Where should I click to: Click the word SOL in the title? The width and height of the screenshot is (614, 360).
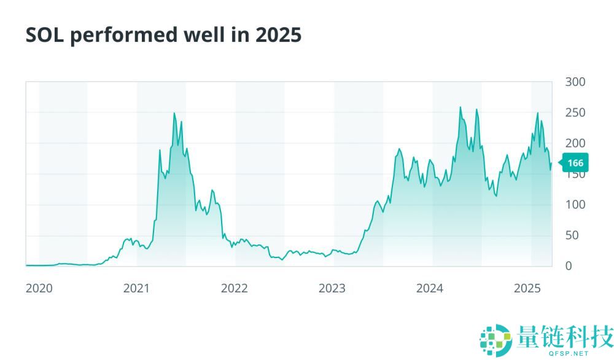(x=45, y=35)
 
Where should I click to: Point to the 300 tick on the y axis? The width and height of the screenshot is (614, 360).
(x=575, y=82)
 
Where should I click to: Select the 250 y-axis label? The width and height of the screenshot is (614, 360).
(x=575, y=112)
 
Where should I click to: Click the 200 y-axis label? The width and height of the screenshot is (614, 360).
(x=575, y=143)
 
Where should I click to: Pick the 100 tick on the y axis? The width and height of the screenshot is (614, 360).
(x=575, y=205)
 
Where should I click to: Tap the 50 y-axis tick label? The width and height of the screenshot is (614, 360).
(x=572, y=235)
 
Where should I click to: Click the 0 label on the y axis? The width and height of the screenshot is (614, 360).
(x=569, y=266)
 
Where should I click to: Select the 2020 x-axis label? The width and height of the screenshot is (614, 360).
(x=39, y=288)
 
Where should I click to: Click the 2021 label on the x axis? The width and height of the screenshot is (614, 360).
(x=136, y=288)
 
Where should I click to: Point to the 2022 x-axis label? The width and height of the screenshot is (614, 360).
(x=234, y=288)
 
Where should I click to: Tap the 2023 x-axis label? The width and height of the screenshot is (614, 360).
(x=332, y=288)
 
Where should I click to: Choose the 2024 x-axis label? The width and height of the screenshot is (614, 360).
(x=430, y=288)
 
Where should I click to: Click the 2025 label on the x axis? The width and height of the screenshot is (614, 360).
(x=527, y=288)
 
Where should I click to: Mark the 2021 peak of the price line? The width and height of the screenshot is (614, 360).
(x=174, y=113)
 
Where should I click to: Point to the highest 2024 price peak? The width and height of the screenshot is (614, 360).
(x=460, y=108)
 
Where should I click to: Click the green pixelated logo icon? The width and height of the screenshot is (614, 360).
(x=495, y=340)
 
